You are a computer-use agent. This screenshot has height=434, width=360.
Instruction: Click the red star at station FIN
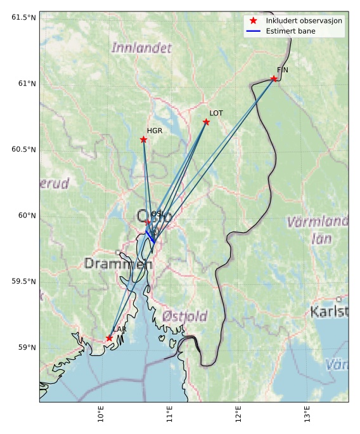click(x=274, y=79)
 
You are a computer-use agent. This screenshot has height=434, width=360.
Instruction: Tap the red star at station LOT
click(x=206, y=122)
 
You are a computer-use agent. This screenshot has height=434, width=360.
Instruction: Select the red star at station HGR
click(x=143, y=140)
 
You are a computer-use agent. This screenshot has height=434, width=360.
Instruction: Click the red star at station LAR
click(x=109, y=338)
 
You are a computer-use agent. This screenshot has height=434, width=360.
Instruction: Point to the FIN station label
click(x=282, y=70)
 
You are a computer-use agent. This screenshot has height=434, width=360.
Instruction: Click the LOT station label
click(x=216, y=113)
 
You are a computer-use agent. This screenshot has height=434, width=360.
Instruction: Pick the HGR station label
click(x=154, y=131)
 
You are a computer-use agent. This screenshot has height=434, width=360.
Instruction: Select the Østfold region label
click(x=184, y=316)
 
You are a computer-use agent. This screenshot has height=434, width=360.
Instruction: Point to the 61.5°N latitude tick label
click(x=23, y=17)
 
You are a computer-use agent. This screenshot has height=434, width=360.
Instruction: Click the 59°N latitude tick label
click(x=27, y=347)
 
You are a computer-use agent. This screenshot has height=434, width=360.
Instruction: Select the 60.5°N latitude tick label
click(x=23, y=149)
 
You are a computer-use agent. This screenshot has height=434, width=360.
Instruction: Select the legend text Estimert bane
click(x=287, y=31)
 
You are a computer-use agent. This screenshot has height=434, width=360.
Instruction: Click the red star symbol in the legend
click(x=253, y=21)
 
